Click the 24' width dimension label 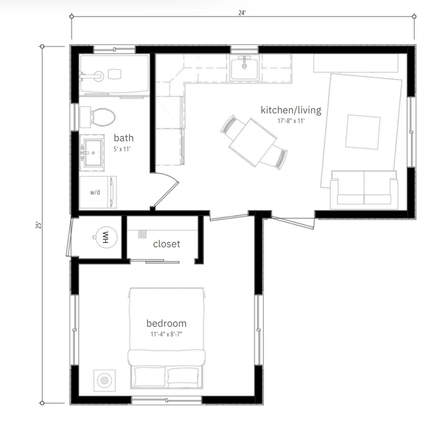point(242,13)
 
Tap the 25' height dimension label point(39,225)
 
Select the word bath point(123,138)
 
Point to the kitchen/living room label point(291,110)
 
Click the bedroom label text point(167,323)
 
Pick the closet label point(167,244)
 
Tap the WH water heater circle point(106,237)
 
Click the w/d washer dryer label point(95,192)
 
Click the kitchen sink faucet point(244,62)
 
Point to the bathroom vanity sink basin point(93,153)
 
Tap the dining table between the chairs point(253,142)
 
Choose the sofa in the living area point(364,190)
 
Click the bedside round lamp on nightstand point(104,381)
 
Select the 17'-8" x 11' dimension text point(291,121)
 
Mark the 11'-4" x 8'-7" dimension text point(167,334)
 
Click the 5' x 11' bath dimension point(122,149)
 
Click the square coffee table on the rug point(363,132)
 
